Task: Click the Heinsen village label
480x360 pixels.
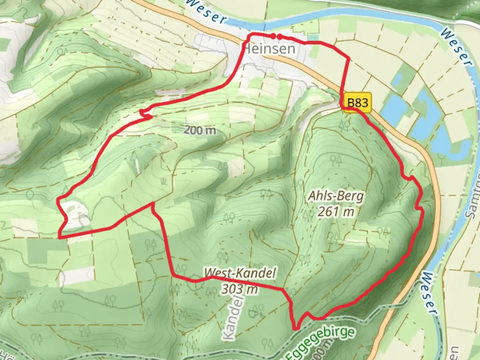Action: (x=270, y=49)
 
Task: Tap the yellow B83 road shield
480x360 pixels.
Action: (x=358, y=102)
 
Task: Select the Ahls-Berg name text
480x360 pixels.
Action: (x=335, y=196)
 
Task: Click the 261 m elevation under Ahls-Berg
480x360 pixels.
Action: (x=335, y=211)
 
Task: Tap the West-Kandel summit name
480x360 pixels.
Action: (x=240, y=273)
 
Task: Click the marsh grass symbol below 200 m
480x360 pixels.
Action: (x=163, y=181)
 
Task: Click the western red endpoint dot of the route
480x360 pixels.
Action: (x=273, y=36)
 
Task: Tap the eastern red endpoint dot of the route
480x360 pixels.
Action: (x=280, y=36)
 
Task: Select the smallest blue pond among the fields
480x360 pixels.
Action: (x=397, y=79)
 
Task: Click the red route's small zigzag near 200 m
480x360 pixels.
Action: (x=145, y=113)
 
